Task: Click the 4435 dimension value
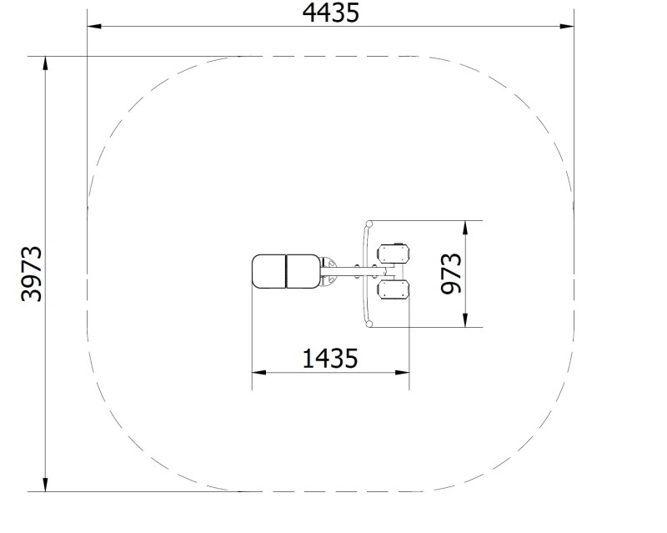point(330,13)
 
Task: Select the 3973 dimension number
point(32,274)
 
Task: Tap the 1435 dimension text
point(330,359)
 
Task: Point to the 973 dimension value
point(451,274)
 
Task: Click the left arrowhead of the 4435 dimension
point(94,27)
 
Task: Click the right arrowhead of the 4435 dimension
point(567,27)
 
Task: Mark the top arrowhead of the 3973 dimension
point(45,63)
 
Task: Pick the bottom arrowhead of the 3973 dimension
point(45,485)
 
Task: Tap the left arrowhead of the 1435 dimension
point(259,373)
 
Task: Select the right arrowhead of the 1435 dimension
point(403,373)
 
